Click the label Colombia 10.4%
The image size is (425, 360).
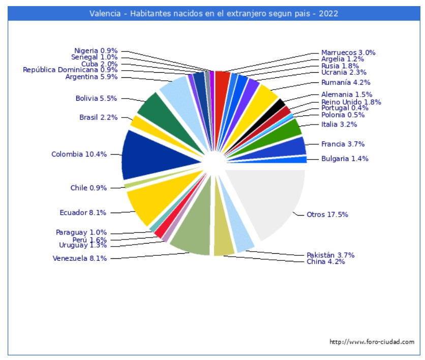coord(79,154)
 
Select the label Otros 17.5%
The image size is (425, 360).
coord(327,215)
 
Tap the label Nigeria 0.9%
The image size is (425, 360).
coord(96,51)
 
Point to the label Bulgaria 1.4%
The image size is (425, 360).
coord(345,159)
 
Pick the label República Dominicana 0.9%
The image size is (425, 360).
coord(70,70)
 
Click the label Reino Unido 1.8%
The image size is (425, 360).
coord(351,102)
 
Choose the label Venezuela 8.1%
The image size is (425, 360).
coord(79,258)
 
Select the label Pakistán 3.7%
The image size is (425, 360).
coord(330,255)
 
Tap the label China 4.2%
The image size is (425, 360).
coord(325,262)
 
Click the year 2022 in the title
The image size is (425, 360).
coord(328,13)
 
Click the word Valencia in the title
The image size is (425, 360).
coord(104,13)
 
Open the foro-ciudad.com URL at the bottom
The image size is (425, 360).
coord(372,342)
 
